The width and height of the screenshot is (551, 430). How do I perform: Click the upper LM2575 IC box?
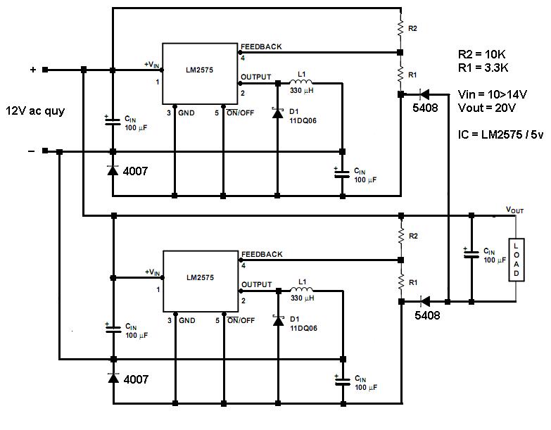[200, 74]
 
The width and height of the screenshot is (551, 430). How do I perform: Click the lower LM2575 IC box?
[201, 281]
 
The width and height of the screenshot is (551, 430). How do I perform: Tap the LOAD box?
[517, 260]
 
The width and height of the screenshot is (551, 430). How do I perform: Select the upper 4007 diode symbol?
[113, 170]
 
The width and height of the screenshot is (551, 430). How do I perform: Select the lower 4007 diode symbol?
[113, 378]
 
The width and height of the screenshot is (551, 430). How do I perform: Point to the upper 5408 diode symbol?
[424, 94]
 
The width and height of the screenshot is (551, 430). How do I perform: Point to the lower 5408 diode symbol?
[425, 301]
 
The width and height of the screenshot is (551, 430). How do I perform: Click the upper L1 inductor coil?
[301, 82]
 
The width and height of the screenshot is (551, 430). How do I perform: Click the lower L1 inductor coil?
[302, 289]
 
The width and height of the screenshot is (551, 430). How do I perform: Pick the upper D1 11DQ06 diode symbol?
[277, 113]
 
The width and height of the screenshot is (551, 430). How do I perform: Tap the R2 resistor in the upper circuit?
[400, 28]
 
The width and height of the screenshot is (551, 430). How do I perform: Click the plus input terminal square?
[45, 70]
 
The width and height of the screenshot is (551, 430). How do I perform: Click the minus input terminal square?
[45, 151]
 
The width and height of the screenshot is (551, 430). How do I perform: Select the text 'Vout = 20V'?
[487, 108]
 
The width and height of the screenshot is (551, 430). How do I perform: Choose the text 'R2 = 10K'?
[482, 54]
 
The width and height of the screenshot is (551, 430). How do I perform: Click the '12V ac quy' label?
[35, 111]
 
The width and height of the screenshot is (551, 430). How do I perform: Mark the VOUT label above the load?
[515, 210]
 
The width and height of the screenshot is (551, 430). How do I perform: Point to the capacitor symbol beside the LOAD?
[471, 253]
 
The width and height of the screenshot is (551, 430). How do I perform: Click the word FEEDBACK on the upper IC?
[261, 46]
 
